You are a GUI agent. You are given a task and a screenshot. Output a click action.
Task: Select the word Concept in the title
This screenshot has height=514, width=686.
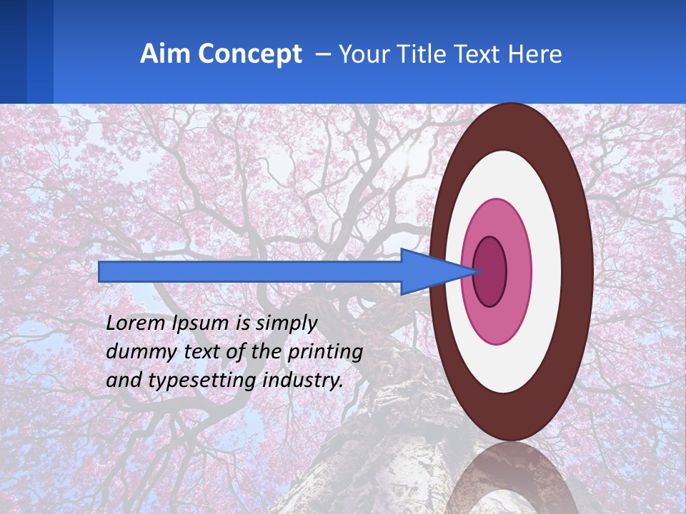pyautogui.click(x=251, y=54)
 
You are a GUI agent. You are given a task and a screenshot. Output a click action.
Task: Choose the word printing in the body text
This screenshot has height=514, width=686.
pyautogui.click(x=326, y=353)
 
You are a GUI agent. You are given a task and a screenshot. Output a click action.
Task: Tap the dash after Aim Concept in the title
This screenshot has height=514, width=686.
pyautogui.click(x=322, y=54)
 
